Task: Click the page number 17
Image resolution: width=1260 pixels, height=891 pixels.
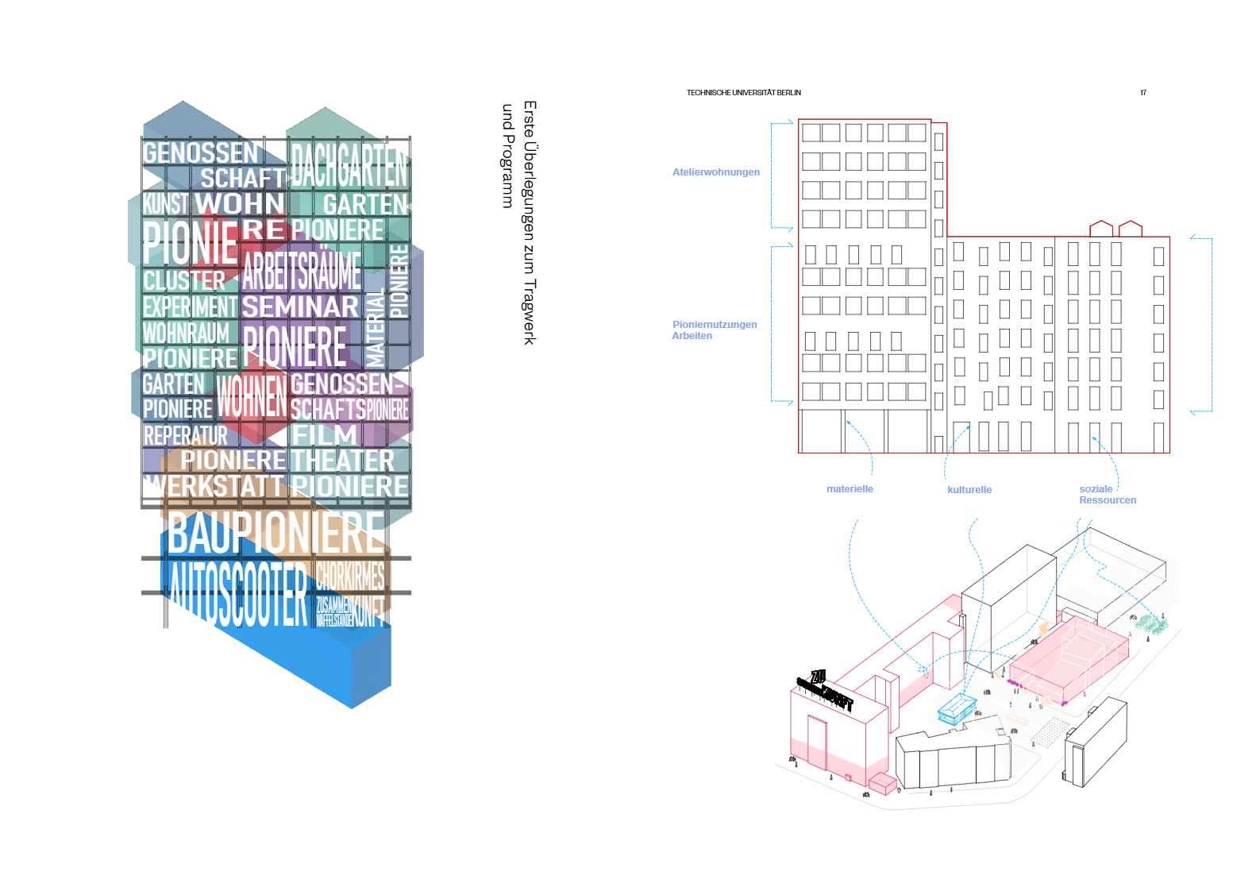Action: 1143,93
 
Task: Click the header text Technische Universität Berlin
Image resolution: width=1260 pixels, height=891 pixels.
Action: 743,93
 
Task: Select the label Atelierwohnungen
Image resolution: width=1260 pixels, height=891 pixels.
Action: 715,172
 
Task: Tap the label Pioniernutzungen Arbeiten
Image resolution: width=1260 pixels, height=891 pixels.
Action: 714,330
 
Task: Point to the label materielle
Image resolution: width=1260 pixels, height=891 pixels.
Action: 850,489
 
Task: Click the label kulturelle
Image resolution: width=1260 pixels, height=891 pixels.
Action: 969,490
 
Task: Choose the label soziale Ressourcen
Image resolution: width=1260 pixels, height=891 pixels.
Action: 1107,495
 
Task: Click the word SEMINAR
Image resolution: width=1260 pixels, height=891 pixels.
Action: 301,307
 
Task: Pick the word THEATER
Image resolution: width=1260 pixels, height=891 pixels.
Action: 342,460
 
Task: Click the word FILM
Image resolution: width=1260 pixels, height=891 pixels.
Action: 326,435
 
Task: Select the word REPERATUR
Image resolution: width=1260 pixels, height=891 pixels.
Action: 185,436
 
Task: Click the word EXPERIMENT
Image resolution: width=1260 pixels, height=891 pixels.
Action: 190,307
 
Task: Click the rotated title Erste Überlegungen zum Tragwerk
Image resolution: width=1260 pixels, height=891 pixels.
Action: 530,222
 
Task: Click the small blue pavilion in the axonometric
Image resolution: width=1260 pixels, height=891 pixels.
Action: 958,708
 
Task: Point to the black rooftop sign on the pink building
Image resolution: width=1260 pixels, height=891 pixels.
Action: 826,692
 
